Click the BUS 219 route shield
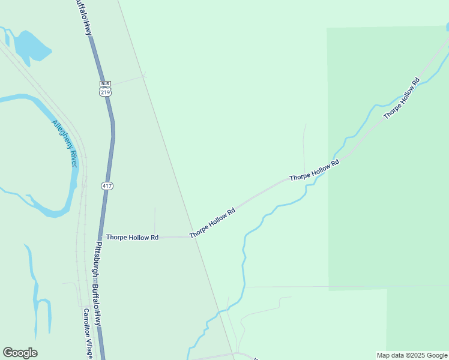(x=106, y=89)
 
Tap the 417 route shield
(x=106, y=186)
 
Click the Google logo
(x=20, y=353)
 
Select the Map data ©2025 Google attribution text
(x=412, y=355)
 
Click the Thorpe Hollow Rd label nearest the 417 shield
(x=132, y=238)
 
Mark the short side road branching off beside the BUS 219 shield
(x=128, y=80)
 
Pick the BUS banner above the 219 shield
(x=106, y=83)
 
